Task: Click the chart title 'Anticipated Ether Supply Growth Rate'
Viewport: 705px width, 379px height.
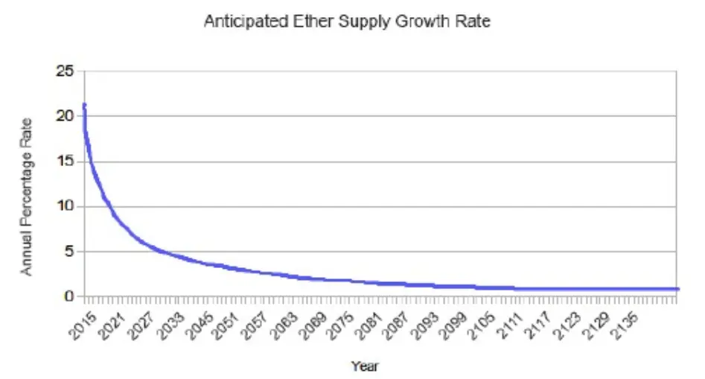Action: pos(347,22)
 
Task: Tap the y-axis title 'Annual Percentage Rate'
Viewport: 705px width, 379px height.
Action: pos(27,197)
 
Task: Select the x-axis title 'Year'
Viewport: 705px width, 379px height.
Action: pos(365,366)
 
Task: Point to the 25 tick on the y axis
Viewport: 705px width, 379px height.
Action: pos(65,71)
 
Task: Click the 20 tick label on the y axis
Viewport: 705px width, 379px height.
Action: pos(65,116)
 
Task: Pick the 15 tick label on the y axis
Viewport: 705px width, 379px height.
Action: pos(66,162)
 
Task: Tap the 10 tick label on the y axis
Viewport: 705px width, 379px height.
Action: pos(66,206)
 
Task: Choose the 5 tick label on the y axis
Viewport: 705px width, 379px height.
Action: pos(69,252)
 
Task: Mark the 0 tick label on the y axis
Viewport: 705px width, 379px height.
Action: pos(69,296)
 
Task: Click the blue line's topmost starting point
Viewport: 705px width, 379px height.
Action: pos(84,105)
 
